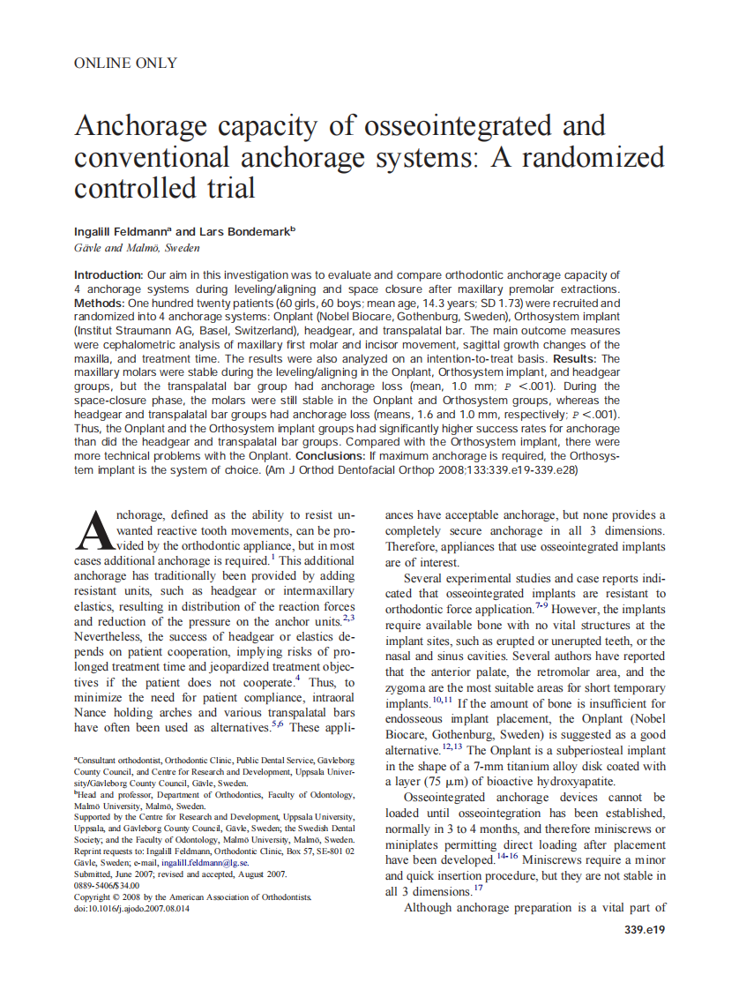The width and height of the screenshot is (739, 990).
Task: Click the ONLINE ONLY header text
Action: tap(125, 64)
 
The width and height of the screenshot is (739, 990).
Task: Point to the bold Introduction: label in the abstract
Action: tap(108, 275)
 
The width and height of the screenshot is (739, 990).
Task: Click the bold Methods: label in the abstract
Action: tap(101, 303)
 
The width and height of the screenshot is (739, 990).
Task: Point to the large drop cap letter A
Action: tap(95, 531)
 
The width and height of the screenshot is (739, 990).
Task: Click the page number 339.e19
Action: tap(644, 930)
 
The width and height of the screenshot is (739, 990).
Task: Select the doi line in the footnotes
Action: tap(131, 908)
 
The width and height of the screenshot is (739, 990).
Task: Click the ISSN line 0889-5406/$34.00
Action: tap(107, 885)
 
